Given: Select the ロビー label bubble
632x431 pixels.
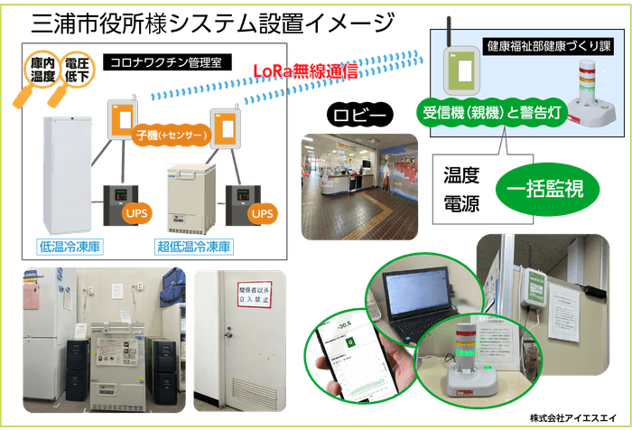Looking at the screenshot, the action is point(361,117).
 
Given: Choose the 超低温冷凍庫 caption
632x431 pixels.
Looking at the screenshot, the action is point(195,246).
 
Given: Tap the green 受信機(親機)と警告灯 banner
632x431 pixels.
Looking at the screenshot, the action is point(491,114).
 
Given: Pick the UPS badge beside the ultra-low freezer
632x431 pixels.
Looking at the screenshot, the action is point(262,213).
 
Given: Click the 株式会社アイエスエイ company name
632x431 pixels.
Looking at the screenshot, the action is point(572,419).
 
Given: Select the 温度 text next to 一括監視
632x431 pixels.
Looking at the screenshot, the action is point(460,172).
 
